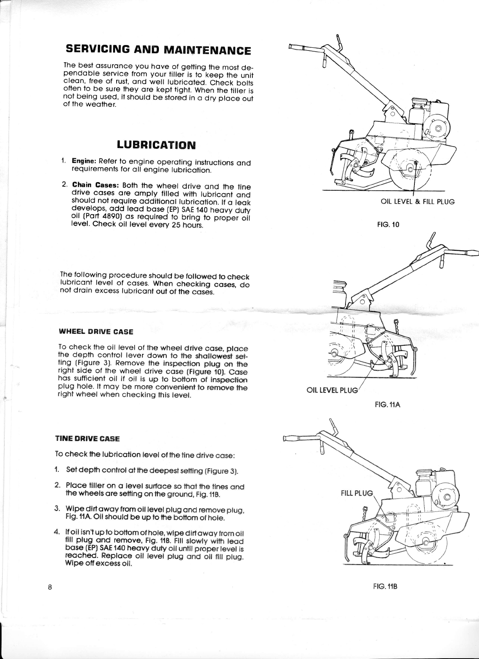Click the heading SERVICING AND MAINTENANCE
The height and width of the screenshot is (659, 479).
click(x=158, y=50)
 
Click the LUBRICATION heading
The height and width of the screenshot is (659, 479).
click(x=156, y=144)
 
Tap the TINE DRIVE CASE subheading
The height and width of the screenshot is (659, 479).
click(x=88, y=439)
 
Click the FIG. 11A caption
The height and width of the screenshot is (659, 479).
click(x=387, y=405)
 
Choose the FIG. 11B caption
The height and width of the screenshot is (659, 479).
click(x=385, y=587)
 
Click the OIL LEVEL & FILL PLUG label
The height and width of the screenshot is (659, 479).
click(x=418, y=202)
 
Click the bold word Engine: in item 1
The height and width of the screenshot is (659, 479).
click(x=84, y=162)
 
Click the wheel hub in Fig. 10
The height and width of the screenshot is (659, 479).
click(x=410, y=169)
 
